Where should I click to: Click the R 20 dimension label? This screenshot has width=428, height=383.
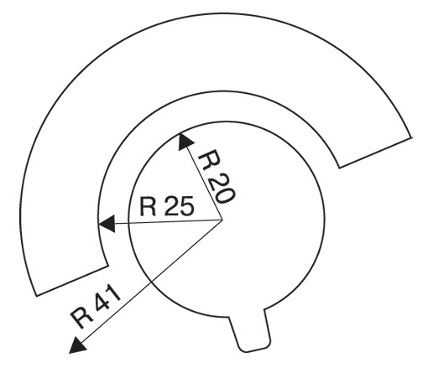(x=217, y=179)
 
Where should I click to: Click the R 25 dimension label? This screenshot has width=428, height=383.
(x=167, y=206)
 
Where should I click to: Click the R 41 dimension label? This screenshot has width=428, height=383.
(x=96, y=308)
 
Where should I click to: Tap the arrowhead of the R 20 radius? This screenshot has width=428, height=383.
(x=185, y=141)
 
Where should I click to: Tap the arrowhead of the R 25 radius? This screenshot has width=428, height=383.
(x=107, y=224)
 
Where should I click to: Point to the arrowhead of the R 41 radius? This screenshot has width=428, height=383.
(x=77, y=345)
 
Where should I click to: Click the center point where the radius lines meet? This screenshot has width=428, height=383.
(x=222, y=220)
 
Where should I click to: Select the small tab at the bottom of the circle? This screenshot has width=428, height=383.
(x=250, y=330)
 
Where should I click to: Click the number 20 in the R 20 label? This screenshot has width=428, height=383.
(x=222, y=189)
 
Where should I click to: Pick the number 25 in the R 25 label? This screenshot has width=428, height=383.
(x=180, y=206)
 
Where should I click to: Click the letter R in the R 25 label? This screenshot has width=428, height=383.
(x=148, y=206)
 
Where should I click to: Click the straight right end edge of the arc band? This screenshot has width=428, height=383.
(x=375, y=153)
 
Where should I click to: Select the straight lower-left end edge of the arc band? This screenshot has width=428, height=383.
(x=72, y=281)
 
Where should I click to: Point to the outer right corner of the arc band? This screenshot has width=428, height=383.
(x=412, y=137)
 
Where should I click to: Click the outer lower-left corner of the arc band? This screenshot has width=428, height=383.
(x=37, y=295)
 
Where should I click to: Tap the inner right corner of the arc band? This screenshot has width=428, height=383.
(x=339, y=168)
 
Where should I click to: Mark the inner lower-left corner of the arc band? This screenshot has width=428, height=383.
(x=107, y=266)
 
